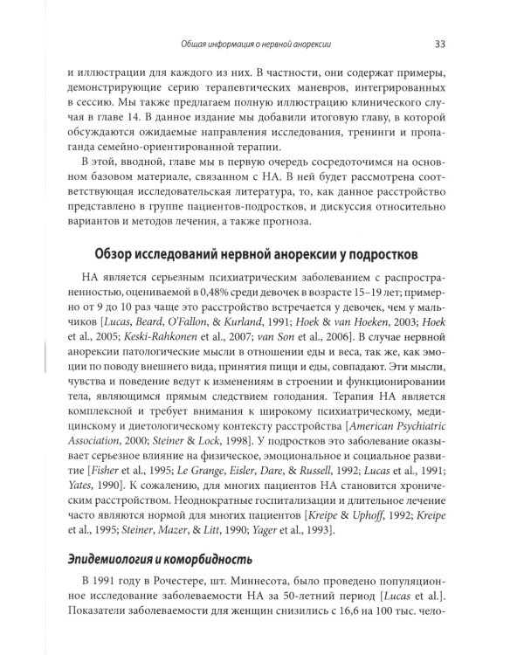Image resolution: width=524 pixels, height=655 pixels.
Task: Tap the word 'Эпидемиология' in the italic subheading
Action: (x=97, y=559)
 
